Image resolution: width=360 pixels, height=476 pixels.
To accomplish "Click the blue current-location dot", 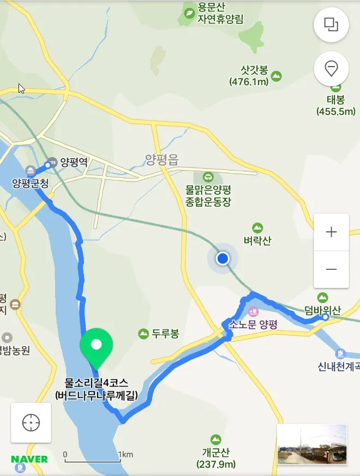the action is tap(222, 258).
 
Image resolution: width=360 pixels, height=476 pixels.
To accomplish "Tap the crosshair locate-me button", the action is tap(31, 423).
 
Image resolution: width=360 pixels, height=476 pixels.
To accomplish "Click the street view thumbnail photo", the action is tap(312, 444).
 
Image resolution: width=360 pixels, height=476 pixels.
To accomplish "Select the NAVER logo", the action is tap(29, 459).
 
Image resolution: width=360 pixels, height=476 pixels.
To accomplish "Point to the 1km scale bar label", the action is tap(125, 455).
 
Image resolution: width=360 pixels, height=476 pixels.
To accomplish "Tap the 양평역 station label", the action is tap(74, 161).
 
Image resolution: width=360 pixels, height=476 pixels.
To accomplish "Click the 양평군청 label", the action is tap(31, 183).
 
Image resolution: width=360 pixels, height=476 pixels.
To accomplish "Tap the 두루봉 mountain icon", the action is tap(143, 333).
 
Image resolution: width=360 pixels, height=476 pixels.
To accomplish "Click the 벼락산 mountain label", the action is tap(257, 240).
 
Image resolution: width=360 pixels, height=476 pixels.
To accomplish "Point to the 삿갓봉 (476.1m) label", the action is tap(255, 76).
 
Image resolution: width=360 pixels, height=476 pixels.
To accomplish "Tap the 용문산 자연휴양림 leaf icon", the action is tap(189, 13).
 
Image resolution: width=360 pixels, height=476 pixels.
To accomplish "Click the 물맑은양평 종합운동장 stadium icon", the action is tap(208, 177).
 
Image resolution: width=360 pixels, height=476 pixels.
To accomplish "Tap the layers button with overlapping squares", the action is tap(331, 25).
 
